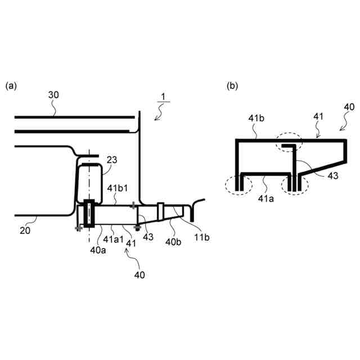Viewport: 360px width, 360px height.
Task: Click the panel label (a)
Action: (11, 86)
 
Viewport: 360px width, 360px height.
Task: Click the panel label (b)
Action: (232, 86)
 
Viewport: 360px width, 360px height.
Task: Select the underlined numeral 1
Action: (161, 97)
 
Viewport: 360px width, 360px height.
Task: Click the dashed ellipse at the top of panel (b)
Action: (289, 143)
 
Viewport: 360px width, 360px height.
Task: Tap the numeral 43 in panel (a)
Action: (148, 237)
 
